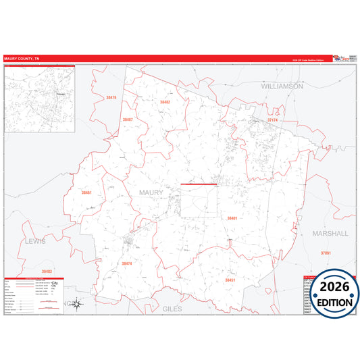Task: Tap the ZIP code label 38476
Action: point(111,98)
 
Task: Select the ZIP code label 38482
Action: point(165,102)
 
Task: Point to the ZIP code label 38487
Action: point(128,120)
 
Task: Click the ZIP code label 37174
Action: point(273,120)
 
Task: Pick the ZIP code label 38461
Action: point(86,192)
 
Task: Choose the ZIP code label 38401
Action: point(232,218)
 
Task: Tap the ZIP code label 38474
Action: point(127,263)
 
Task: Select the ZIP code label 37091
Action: point(326,253)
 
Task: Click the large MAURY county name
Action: point(151,192)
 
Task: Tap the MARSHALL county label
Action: point(330,233)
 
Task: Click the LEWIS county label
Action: point(34,240)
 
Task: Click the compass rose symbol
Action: point(78,303)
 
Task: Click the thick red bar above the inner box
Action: point(199,184)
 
